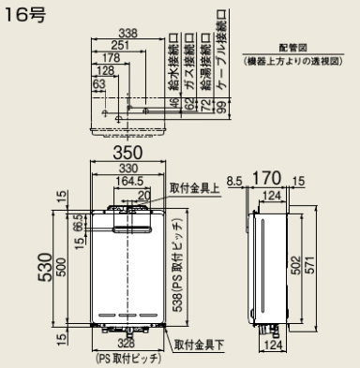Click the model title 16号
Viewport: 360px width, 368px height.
pyautogui.click(x=22, y=17)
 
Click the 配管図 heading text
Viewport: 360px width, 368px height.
pyautogui.click(x=288, y=48)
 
